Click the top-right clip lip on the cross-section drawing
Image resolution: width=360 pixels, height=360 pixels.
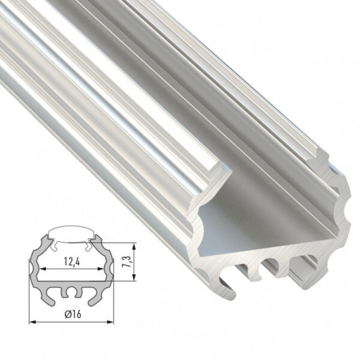94,244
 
